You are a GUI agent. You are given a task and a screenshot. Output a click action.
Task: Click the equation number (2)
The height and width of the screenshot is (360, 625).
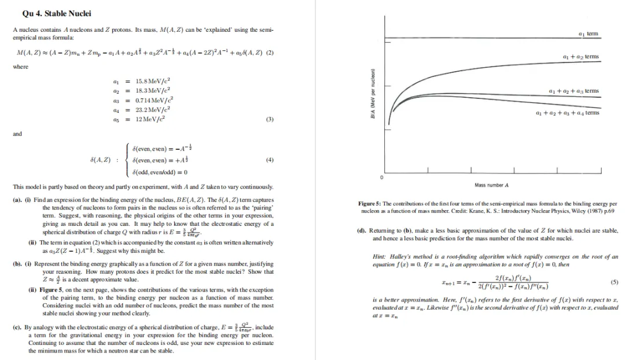(x=269, y=53)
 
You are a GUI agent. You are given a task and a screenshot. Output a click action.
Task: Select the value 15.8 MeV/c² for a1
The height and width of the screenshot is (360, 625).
(x=152, y=81)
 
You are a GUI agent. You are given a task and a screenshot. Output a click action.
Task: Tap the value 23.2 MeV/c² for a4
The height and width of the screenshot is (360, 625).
(x=152, y=109)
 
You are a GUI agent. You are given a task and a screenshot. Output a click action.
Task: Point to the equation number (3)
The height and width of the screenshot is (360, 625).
(x=269, y=119)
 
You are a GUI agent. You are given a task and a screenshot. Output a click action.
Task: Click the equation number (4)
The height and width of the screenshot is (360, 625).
(x=269, y=160)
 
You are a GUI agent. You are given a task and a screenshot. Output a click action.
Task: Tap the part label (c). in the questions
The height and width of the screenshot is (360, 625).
(x=17, y=327)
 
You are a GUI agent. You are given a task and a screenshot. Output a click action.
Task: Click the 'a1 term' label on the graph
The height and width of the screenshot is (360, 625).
(x=589, y=34)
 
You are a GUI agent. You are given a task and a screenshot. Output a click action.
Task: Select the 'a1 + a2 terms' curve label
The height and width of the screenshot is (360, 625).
(x=580, y=57)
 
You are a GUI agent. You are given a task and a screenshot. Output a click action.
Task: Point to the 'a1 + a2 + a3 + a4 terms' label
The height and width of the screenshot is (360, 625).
(x=568, y=113)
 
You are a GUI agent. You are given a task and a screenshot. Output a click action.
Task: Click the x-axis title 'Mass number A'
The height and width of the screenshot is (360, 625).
(x=491, y=185)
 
